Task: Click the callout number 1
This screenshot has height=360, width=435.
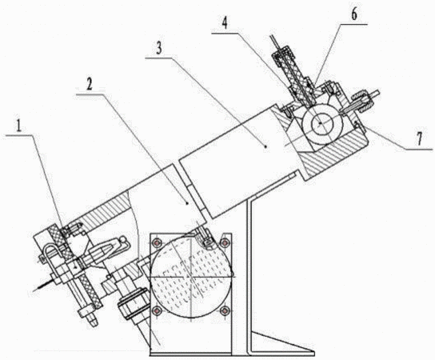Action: (x=19, y=127)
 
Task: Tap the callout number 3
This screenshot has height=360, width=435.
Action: (x=159, y=50)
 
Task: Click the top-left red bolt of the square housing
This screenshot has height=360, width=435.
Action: (x=158, y=243)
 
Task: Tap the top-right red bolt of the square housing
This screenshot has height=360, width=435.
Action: (x=224, y=243)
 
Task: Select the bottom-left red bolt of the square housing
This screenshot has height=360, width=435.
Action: (x=158, y=310)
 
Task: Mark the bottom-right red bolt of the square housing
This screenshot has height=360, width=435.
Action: (x=224, y=310)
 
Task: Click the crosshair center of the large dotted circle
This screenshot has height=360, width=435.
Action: (x=190, y=277)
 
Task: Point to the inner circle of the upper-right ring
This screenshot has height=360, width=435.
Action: (x=321, y=123)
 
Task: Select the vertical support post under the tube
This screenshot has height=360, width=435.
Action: (x=249, y=278)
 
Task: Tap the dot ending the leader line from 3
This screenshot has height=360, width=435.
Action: (x=266, y=146)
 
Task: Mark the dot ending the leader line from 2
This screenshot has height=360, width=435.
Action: (x=187, y=203)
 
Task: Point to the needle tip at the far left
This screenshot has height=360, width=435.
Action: (x=34, y=290)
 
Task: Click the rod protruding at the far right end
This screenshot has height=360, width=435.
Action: (x=375, y=93)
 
